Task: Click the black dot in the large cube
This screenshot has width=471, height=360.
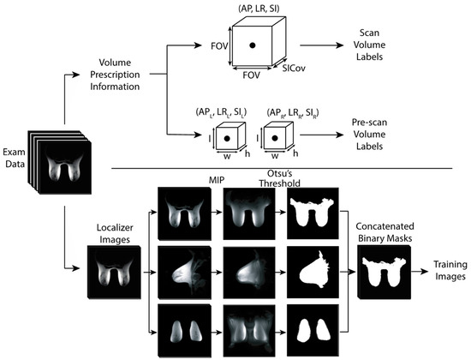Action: tap(253, 44)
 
